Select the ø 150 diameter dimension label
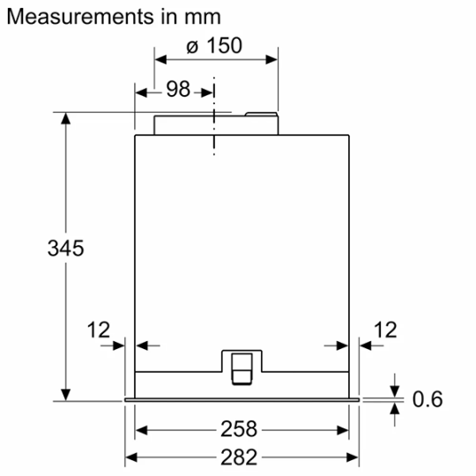click(216, 45)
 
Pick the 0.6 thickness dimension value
click(428, 399)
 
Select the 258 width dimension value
click(240, 429)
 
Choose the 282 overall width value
click(240, 457)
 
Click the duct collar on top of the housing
click(216, 123)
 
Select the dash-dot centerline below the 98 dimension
click(213, 132)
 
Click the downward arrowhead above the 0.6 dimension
click(394, 390)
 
